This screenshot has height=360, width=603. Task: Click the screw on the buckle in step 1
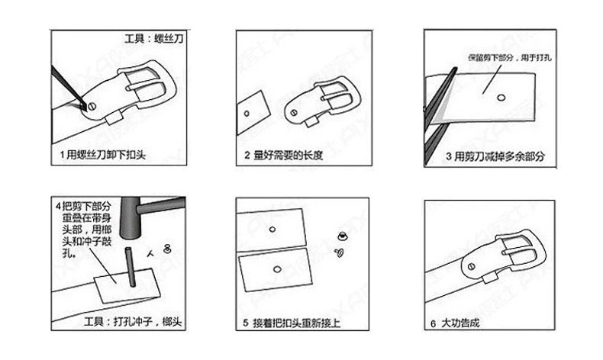tap(92, 104)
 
